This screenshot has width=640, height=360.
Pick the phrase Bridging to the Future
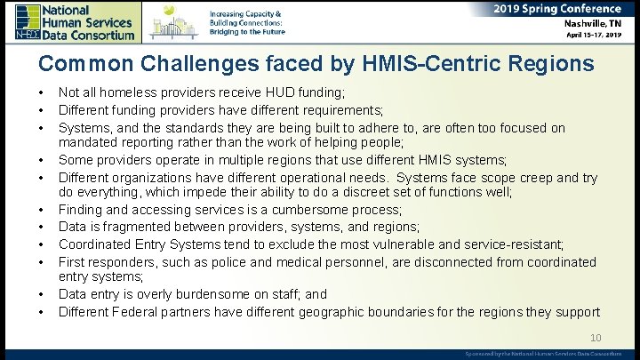coord(247,31)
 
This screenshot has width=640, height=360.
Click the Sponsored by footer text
coord(543,353)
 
